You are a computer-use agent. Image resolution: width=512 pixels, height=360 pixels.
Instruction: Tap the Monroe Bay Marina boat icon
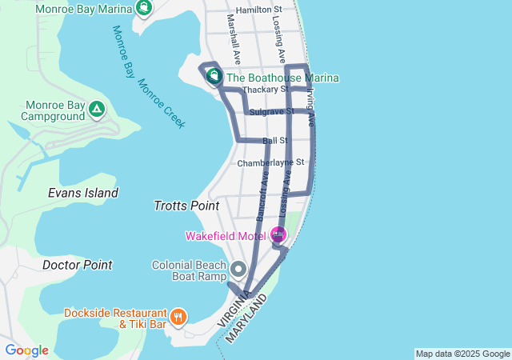pyautogui.click(x=143, y=9)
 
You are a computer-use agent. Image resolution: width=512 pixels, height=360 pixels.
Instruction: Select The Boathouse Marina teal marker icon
pyautogui.click(x=214, y=77)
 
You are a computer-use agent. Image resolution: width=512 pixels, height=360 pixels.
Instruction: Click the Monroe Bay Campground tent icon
pyautogui.click(x=96, y=109)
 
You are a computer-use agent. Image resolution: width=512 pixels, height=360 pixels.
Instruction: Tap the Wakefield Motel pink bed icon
pyautogui.click(x=278, y=235)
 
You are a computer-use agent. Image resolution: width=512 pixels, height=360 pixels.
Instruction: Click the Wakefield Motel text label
pyautogui.click(x=226, y=236)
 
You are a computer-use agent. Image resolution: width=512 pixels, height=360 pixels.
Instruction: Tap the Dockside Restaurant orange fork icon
pyautogui.click(x=177, y=316)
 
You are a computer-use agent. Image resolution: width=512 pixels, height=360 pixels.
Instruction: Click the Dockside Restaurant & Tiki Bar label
pyautogui.click(x=116, y=318)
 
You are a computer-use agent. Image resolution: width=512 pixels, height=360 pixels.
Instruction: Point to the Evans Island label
pyautogui.click(x=83, y=193)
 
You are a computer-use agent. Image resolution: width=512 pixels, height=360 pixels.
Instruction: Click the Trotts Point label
pyautogui.click(x=186, y=206)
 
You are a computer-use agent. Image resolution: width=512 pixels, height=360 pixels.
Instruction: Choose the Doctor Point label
pyautogui.click(x=77, y=265)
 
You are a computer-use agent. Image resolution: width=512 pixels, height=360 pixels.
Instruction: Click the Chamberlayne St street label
pyautogui.click(x=271, y=162)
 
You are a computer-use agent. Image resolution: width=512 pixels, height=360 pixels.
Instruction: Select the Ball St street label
pyautogui.click(x=274, y=141)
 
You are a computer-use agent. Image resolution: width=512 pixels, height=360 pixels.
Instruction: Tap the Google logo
pyautogui.click(x=26, y=350)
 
